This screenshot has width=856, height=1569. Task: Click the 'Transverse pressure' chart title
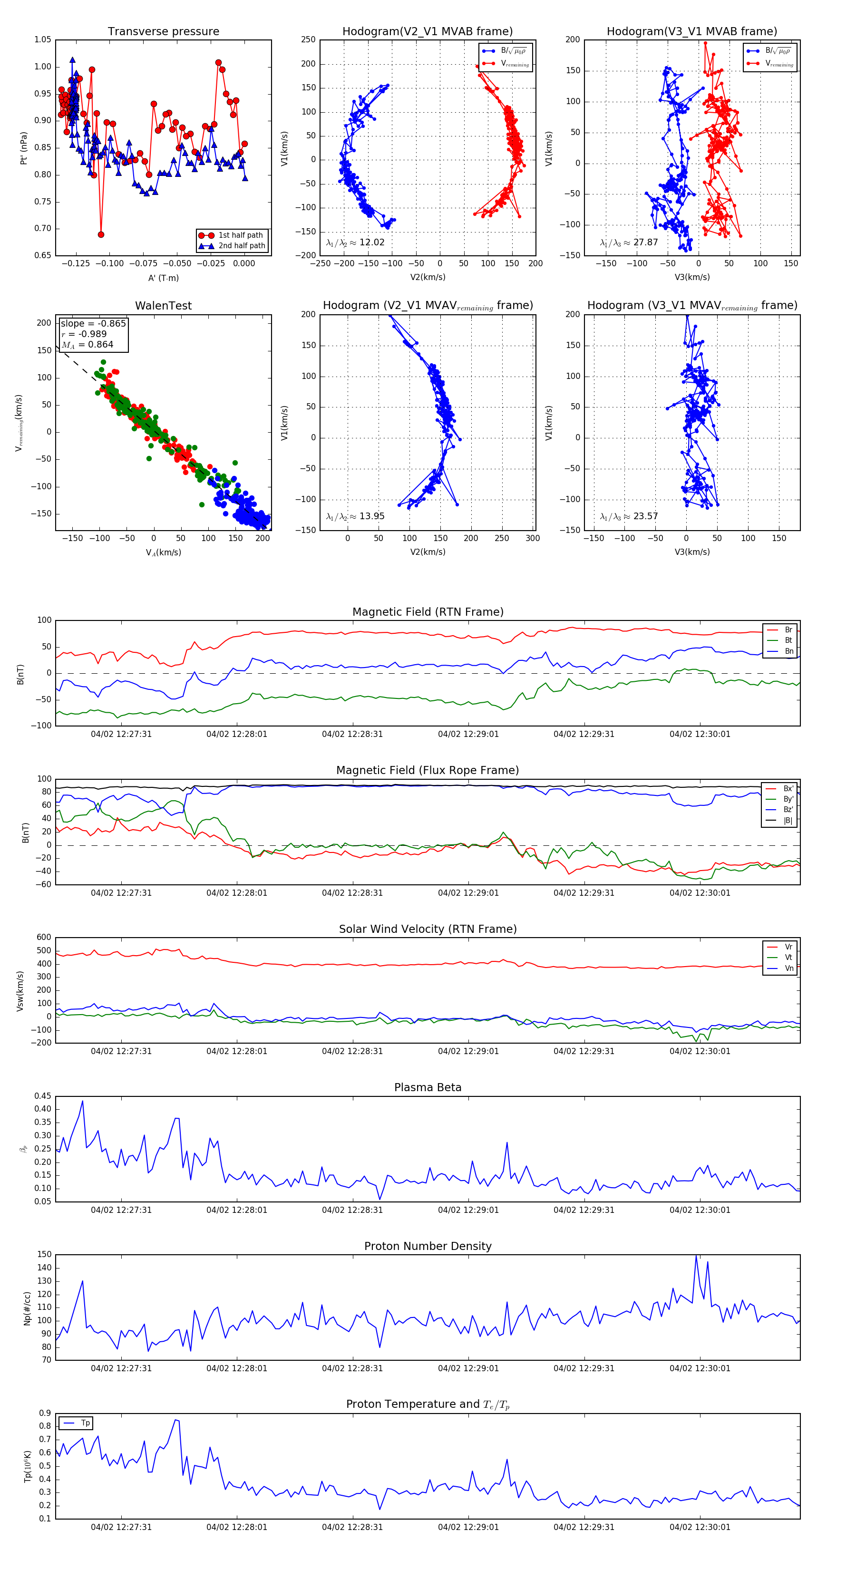(163, 32)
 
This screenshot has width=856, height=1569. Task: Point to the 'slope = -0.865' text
(93, 323)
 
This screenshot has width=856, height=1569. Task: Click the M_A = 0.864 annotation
(87, 345)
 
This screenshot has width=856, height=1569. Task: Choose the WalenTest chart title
(163, 306)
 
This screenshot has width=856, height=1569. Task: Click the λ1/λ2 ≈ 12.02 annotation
(355, 242)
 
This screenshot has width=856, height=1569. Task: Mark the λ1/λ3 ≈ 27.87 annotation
(629, 242)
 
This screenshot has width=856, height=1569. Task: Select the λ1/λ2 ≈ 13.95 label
(355, 516)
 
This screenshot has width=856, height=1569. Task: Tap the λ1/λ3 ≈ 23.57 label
(629, 516)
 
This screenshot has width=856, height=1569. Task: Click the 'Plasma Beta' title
(428, 1088)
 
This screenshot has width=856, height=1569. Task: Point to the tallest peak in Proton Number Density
(696, 1255)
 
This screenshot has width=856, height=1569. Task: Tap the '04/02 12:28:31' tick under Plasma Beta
(352, 1210)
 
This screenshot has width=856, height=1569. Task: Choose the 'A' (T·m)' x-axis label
(163, 278)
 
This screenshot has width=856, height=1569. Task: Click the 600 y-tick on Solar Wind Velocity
(44, 938)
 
